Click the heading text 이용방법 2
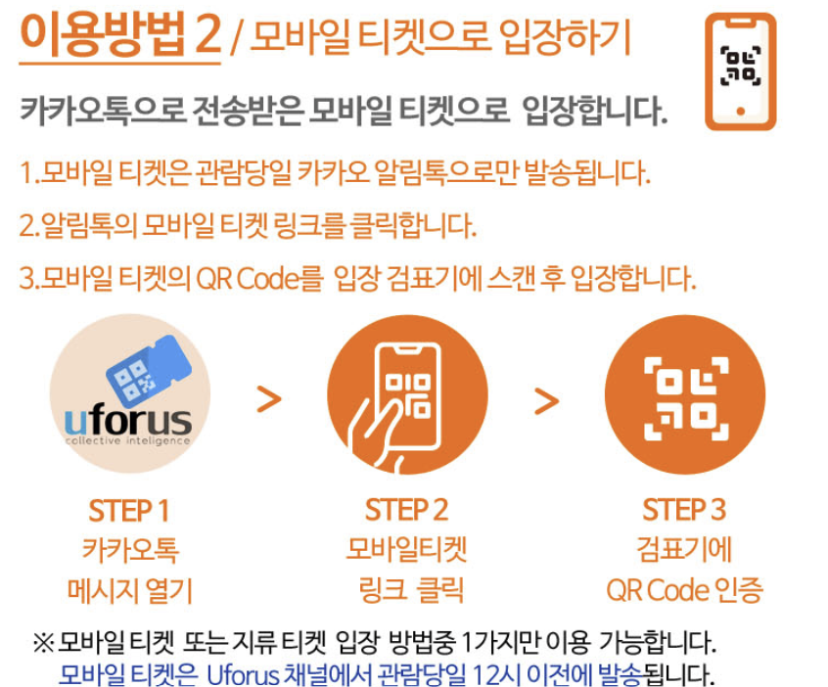click(120, 34)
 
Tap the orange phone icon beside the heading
click(740, 71)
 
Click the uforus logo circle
click(130, 393)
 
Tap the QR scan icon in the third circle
click(686, 398)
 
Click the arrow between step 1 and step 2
click(269, 399)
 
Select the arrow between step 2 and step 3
click(546, 401)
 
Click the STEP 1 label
click(129, 511)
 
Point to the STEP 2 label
click(406, 510)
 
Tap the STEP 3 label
click(684, 510)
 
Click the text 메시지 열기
click(130, 590)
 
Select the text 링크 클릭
click(411, 590)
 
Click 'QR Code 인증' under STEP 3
click(685, 590)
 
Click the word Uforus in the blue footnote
click(243, 675)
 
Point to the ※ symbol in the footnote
click(43, 643)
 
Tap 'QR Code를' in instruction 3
click(259, 278)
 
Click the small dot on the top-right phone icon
click(740, 111)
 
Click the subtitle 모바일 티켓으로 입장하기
click(440, 36)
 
